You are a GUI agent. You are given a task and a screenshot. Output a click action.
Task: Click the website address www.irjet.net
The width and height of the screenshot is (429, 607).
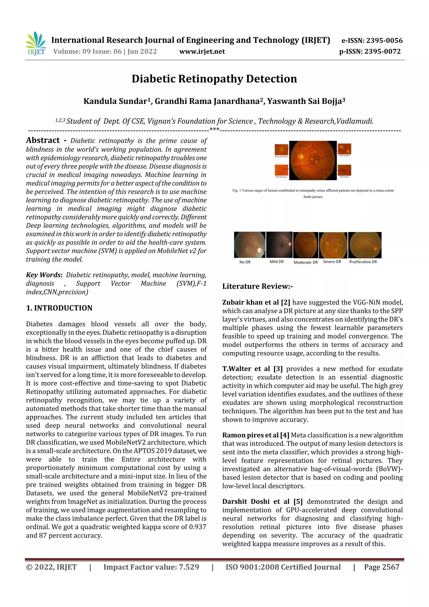(x=202, y=52)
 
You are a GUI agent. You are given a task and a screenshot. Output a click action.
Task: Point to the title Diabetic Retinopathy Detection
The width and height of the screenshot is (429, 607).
(x=214, y=79)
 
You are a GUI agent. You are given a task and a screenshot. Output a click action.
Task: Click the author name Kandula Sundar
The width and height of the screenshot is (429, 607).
(x=115, y=101)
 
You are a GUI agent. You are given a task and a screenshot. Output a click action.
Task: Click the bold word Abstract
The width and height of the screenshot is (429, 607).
(x=43, y=140)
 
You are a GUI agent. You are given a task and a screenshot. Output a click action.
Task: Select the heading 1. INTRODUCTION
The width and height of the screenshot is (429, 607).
(x=59, y=308)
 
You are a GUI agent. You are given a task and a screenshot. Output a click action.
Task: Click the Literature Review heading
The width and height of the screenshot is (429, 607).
(x=257, y=286)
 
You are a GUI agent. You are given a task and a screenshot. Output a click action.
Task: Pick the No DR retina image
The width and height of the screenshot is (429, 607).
(x=249, y=245)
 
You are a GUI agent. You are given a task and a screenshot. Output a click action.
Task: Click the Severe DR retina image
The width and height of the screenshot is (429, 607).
(x=333, y=245)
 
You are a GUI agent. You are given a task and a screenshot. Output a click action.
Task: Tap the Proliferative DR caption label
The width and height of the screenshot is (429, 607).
(x=363, y=262)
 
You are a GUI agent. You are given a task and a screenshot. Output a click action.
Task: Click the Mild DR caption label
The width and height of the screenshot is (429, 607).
(x=277, y=262)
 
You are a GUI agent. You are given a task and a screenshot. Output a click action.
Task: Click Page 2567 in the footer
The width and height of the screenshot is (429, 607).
(x=381, y=567)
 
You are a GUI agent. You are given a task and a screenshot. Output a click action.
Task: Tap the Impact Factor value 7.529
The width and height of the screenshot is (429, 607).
(x=189, y=567)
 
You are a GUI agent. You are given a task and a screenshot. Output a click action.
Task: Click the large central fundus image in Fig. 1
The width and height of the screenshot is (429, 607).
(x=313, y=160)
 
